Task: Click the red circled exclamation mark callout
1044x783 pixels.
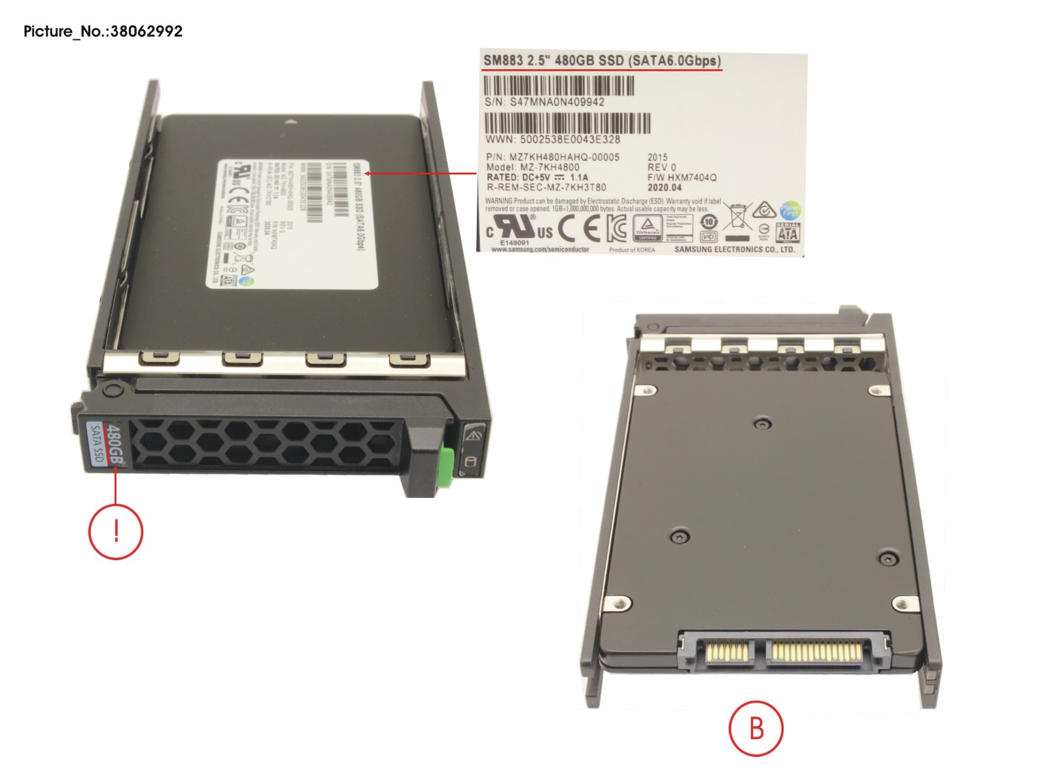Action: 116,531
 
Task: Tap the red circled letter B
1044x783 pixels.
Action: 756,728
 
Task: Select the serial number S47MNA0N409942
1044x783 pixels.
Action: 557,102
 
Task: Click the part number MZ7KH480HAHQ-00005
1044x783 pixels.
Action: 564,157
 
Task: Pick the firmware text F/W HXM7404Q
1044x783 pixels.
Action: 682,177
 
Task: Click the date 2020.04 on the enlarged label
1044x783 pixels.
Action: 665,188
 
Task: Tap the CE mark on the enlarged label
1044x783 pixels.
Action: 578,228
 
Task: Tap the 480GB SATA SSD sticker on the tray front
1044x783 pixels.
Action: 106,444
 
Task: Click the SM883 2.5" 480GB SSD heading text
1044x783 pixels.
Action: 602,61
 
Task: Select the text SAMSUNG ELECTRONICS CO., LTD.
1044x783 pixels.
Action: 734,249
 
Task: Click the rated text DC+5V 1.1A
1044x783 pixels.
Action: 538,177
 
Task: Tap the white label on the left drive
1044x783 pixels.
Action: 298,222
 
